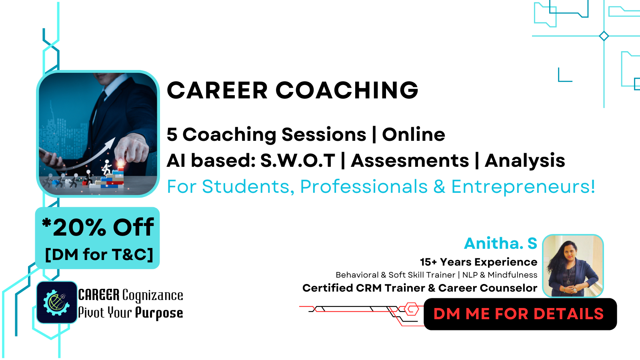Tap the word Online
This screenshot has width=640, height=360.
coord(414,134)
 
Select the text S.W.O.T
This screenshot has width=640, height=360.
coord(298,160)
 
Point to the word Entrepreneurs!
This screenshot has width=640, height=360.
coord(523,186)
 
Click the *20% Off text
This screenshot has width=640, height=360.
coord(98,227)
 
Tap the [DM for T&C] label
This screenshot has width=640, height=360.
coord(99,254)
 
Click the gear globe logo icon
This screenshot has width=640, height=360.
coord(57,302)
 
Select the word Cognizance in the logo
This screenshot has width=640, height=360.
coord(152,296)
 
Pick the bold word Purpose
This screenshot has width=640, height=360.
coord(159,313)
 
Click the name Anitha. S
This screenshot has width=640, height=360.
coord(500,244)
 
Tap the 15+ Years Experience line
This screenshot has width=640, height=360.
coord(478,262)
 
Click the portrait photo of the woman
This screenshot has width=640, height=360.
coord(573,266)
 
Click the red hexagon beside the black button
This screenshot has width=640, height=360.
coord(412,309)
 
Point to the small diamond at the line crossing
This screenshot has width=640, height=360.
coord(604,36)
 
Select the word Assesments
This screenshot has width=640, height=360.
coord(410,160)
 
